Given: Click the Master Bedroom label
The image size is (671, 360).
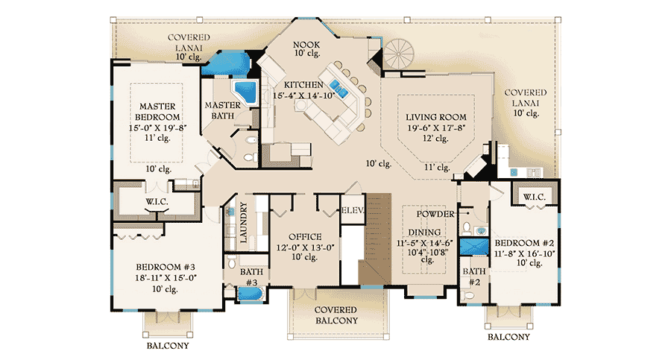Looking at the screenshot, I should pyautogui.click(x=157, y=113).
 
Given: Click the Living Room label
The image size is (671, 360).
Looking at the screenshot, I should pyautogui.click(x=436, y=117).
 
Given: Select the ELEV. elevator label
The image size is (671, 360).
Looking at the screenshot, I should pyautogui.click(x=352, y=211).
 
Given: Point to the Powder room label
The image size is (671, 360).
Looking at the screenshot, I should pyautogui.click(x=436, y=214).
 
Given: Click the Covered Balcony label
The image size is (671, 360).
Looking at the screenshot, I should pyautogui.click(x=335, y=315).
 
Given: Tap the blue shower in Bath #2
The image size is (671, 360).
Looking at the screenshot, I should pyautogui.click(x=472, y=247).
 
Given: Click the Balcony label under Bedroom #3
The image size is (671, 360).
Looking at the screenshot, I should pyautogui.click(x=167, y=346).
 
